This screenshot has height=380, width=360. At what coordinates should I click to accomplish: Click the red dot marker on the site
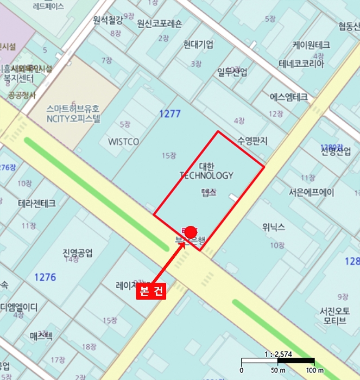pyautogui.click(x=191, y=231)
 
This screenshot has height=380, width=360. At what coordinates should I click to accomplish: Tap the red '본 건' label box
pyautogui.click(x=151, y=291)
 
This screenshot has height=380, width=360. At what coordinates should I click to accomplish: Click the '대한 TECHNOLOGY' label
pyautogui.click(x=207, y=171)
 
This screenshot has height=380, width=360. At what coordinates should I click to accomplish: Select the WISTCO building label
pyautogui.click(x=123, y=142)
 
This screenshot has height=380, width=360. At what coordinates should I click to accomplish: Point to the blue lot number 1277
pyautogui.click(x=169, y=114)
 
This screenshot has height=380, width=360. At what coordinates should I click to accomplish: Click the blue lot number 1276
pyautogui.click(x=45, y=277)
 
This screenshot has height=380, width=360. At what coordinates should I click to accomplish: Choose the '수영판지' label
pyautogui.click(x=252, y=141)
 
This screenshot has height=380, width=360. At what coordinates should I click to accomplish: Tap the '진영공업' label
pyautogui.click(x=78, y=252)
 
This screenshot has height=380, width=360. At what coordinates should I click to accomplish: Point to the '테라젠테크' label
pyautogui.click(x=37, y=203)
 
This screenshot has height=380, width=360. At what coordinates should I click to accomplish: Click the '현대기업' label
pyautogui.click(x=198, y=44)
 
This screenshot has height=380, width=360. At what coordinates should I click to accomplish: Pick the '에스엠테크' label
pyautogui.click(x=288, y=97)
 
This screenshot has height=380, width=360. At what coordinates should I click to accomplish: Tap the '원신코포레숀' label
pyautogui.click(x=160, y=23)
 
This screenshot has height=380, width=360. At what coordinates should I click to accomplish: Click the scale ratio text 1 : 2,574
pyautogui.click(x=278, y=353)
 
